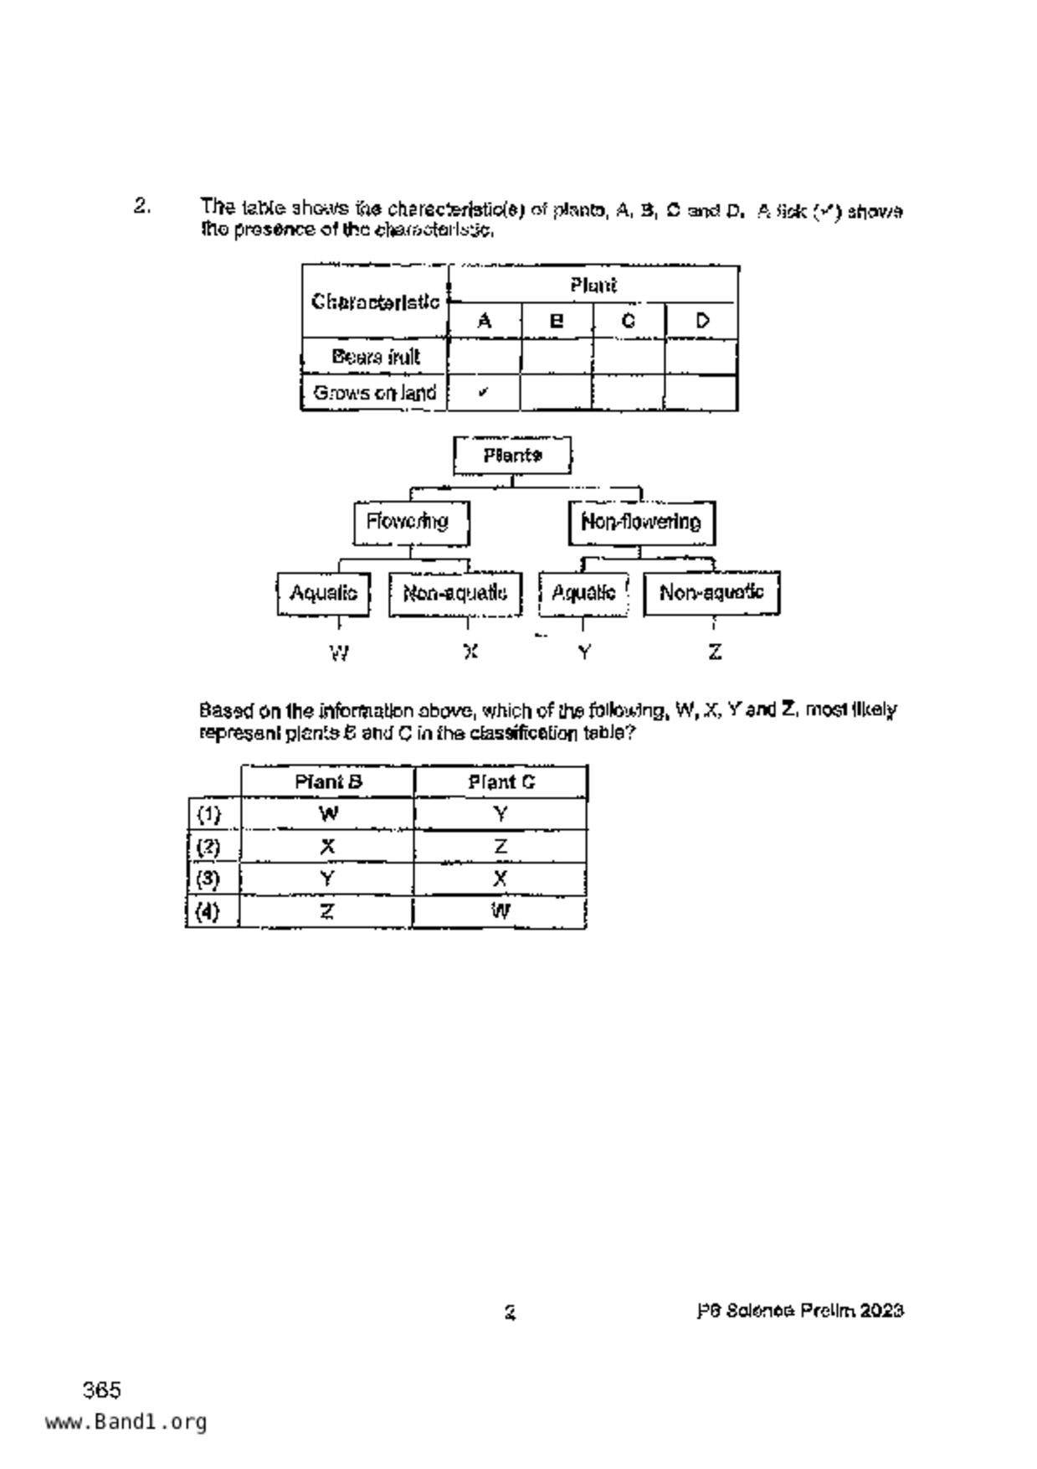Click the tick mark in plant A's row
[x=484, y=392]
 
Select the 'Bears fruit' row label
[x=375, y=357]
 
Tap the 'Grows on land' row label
[x=374, y=393]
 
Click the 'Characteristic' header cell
[x=375, y=302]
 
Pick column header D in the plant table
[x=702, y=321]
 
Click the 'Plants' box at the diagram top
[x=512, y=456]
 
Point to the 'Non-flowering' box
[x=641, y=523]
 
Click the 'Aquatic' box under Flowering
[x=323, y=593]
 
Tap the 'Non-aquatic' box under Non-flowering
[x=711, y=593]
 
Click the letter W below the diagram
[x=339, y=652]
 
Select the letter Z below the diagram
[x=715, y=652]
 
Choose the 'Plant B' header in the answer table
[x=328, y=782]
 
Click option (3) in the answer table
[x=208, y=879]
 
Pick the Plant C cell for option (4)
[x=501, y=911]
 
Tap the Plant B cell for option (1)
[x=328, y=814]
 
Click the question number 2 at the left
[x=141, y=206]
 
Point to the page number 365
[x=102, y=1390]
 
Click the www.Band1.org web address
[x=126, y=1422]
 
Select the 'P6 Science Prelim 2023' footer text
[x=799, y=1311]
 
